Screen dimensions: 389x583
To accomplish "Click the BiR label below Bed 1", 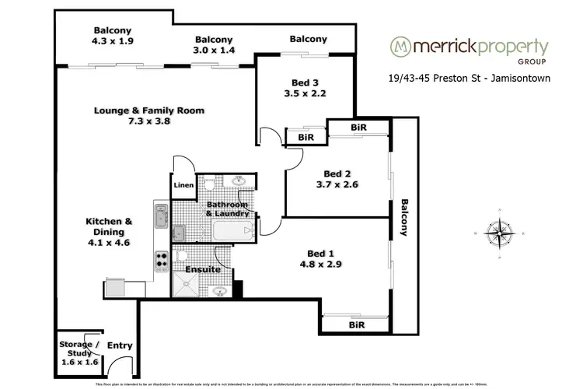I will point(357,324).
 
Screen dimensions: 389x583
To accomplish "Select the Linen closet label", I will point(183,185).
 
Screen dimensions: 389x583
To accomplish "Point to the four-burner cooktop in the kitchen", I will point(163,259).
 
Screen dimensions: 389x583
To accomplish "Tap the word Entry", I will point(119,345).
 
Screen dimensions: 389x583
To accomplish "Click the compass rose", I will point(497,233).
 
